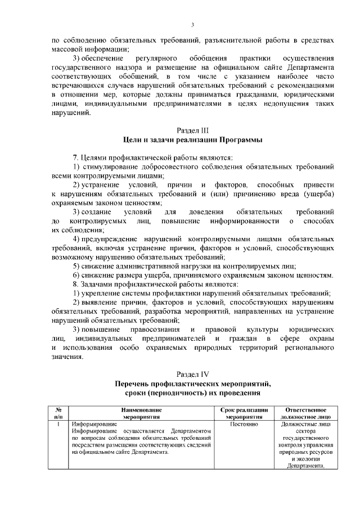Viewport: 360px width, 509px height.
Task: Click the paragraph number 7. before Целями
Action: (x=76, y=157)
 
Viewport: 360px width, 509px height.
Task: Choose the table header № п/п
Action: (x=59, y=413)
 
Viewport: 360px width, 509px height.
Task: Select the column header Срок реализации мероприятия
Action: (x=244, y=413)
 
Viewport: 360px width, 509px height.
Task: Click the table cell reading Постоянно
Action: (x=244, y=424)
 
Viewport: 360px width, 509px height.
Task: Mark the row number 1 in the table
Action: (x=59, y=424)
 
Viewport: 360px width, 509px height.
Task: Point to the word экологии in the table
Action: (x=309, y=458)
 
